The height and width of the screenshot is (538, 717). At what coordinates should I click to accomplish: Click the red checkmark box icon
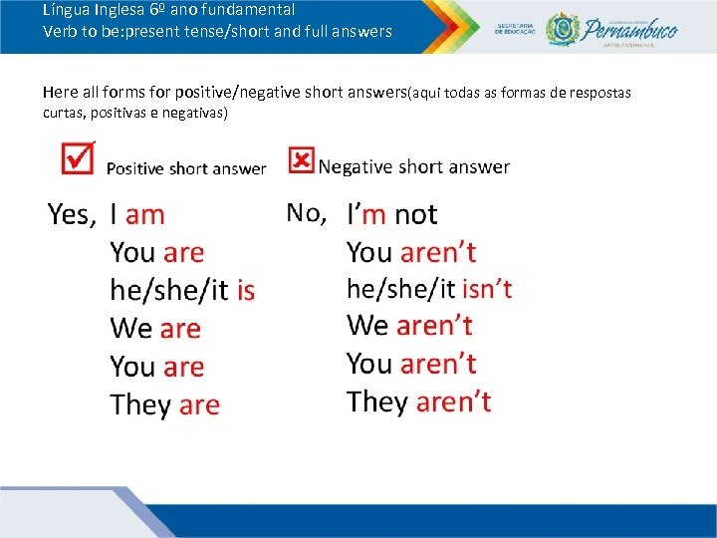point(78,157)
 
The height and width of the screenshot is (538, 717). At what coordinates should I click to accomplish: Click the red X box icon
point(301,160)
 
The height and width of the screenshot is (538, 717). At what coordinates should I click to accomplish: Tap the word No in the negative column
point(306,212)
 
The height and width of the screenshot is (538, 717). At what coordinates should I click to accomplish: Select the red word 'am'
point(145,214)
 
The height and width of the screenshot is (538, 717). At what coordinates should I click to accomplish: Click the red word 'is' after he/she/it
point(246,290)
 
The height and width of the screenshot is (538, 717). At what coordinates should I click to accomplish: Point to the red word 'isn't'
point(487,289)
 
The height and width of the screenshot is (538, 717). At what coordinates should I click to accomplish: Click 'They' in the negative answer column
point(377,402)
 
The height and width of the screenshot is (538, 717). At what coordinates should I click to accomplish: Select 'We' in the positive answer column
point(130,328)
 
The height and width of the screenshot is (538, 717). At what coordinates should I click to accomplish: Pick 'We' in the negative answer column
point(367,325)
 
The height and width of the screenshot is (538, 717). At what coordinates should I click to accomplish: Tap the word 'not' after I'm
point(415,214)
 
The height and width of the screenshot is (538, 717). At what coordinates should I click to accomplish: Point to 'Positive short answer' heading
point(186,168)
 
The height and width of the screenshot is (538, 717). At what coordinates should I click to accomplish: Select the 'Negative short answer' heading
point(414,167)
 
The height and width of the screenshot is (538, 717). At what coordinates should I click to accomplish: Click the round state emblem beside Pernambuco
point(563,28)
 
